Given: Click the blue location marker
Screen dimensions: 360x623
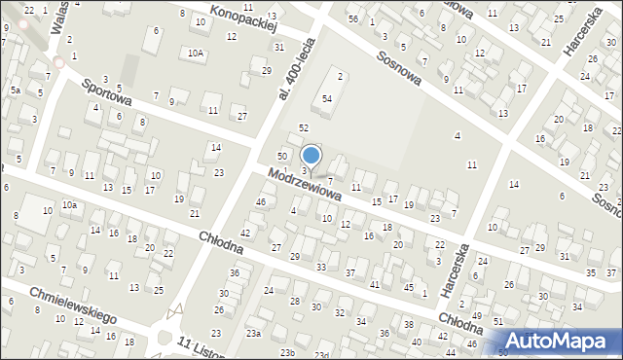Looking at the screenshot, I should tap(311, 155).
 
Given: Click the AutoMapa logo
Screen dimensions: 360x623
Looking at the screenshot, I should tap(562, 341).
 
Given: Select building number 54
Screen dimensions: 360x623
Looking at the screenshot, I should tap(328, 99).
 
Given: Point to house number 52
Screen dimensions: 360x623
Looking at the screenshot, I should tap(304, 128).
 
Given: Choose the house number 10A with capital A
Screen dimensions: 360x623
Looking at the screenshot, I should tap(197, 53).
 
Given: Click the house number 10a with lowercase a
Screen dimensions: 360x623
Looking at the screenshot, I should tap(69, 205).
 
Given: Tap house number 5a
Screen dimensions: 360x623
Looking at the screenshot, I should tap(16, 90).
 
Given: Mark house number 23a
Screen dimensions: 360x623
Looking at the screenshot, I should tap(253, 333).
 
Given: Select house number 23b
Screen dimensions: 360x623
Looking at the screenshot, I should tap(286, 352).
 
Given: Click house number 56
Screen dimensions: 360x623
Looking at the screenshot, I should tap(353, 19).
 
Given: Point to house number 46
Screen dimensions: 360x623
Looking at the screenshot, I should tap(260, 201).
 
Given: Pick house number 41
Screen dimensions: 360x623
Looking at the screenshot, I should tap(375, 284).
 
